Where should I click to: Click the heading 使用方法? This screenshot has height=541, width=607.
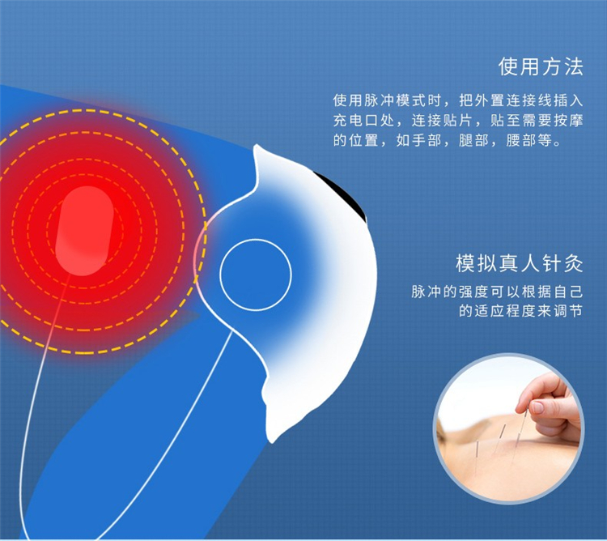pos(541,66)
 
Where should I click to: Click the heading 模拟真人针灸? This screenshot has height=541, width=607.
pos(519,264)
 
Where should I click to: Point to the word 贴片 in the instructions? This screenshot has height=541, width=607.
pos(457,121)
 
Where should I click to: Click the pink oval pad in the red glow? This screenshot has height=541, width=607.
pos(84,231)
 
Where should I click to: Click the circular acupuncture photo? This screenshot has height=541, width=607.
pos(509,429)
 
